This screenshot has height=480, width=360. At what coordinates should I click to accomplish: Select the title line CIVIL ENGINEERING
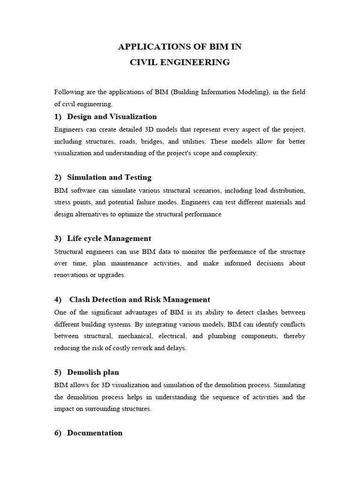click(x=180, y=62)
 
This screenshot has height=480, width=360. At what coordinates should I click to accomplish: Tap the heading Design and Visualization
click(x=112, y=116)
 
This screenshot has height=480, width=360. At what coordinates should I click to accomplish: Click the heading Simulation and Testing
click(x=109, y=177)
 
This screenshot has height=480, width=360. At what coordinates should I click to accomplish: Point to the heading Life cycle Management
click(x=109, y=238)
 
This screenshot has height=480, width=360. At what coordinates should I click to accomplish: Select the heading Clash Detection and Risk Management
click(x=140, y=299)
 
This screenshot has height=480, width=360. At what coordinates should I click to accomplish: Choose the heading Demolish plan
click(x=93, y=372)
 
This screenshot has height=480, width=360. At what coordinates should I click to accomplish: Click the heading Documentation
click(x=95, y=433)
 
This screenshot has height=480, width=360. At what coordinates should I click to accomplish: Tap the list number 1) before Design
click(x=58, y=116)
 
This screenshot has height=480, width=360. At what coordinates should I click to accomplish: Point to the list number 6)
click(x=58, y=433)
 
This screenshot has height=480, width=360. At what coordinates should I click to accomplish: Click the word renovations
click(x=71, y=275)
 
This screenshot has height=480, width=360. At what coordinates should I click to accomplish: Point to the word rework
click(x=142, y=348)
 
